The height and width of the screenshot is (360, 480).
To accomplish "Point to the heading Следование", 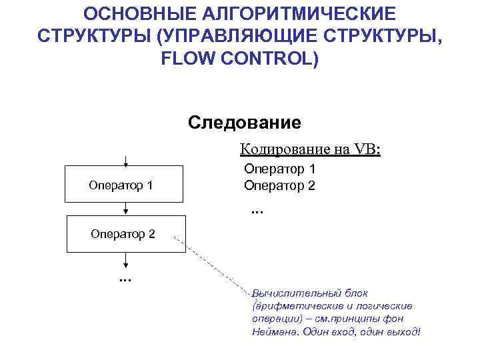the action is tap(245, 123).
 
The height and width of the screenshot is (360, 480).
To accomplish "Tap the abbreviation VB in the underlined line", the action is tap(365, 149).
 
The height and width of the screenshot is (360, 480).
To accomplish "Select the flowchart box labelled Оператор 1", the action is tap(123, 184).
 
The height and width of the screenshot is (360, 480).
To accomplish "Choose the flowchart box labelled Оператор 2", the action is tap(123, 234).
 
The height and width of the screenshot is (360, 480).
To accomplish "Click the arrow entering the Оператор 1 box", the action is tap(125, 160).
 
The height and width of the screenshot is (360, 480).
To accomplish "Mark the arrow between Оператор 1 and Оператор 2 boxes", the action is tap(125, 209).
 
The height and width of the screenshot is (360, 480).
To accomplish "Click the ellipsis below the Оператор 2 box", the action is tap(124, 277).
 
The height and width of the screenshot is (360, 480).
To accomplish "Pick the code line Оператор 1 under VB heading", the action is tap(279, 169).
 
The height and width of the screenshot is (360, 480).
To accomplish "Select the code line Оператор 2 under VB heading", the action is tap(279, 185).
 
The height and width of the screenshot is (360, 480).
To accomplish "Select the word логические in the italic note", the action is tap(385, 306).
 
